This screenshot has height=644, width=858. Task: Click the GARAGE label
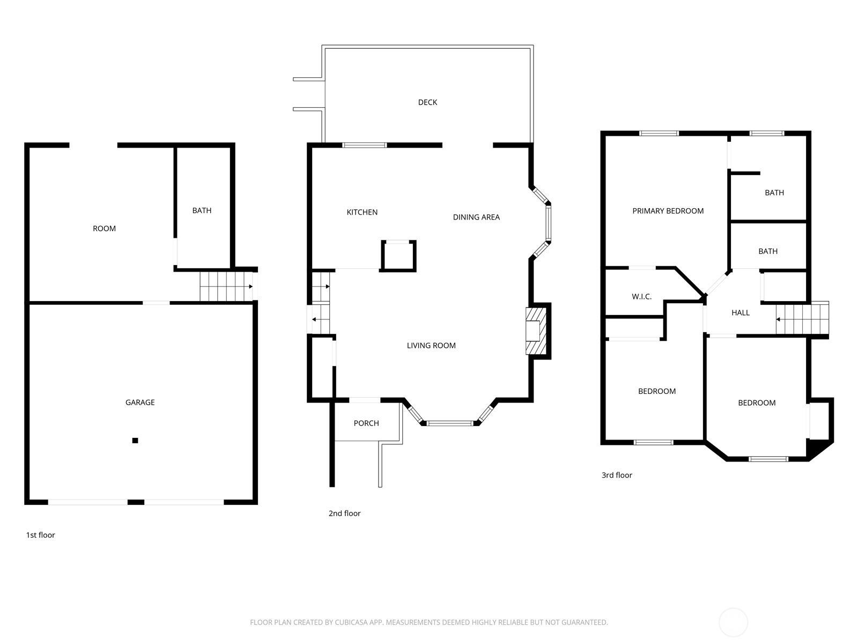click(x=140, y=402)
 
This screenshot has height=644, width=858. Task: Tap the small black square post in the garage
click(x=135, y=441)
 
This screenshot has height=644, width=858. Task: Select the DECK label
click(x=427, y=103)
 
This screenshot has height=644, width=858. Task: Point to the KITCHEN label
click(x=362, y=213)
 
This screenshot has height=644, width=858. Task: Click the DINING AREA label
click(x=476, y=217)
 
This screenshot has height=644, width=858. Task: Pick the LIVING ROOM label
click(x=431, y=346)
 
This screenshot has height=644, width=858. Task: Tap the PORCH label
click(x=366, y=423)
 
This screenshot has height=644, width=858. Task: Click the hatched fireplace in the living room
click(x=536, y=331)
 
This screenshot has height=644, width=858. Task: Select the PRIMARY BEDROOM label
click(x=668, y=211)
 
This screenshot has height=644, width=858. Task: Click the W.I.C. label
click(x=641, y=297)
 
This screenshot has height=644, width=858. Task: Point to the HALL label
click(x=741, y=313)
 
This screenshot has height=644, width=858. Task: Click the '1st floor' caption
click(x=41, y=535)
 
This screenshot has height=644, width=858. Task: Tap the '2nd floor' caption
click(x=344, y=514)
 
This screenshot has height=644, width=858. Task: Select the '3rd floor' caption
click(x=617, y=475)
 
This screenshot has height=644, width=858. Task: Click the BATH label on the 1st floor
click(x=202, y=211)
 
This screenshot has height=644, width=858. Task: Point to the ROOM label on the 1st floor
click(x=104, y=229)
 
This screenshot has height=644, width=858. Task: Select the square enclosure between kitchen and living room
click(x=398, y=255)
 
